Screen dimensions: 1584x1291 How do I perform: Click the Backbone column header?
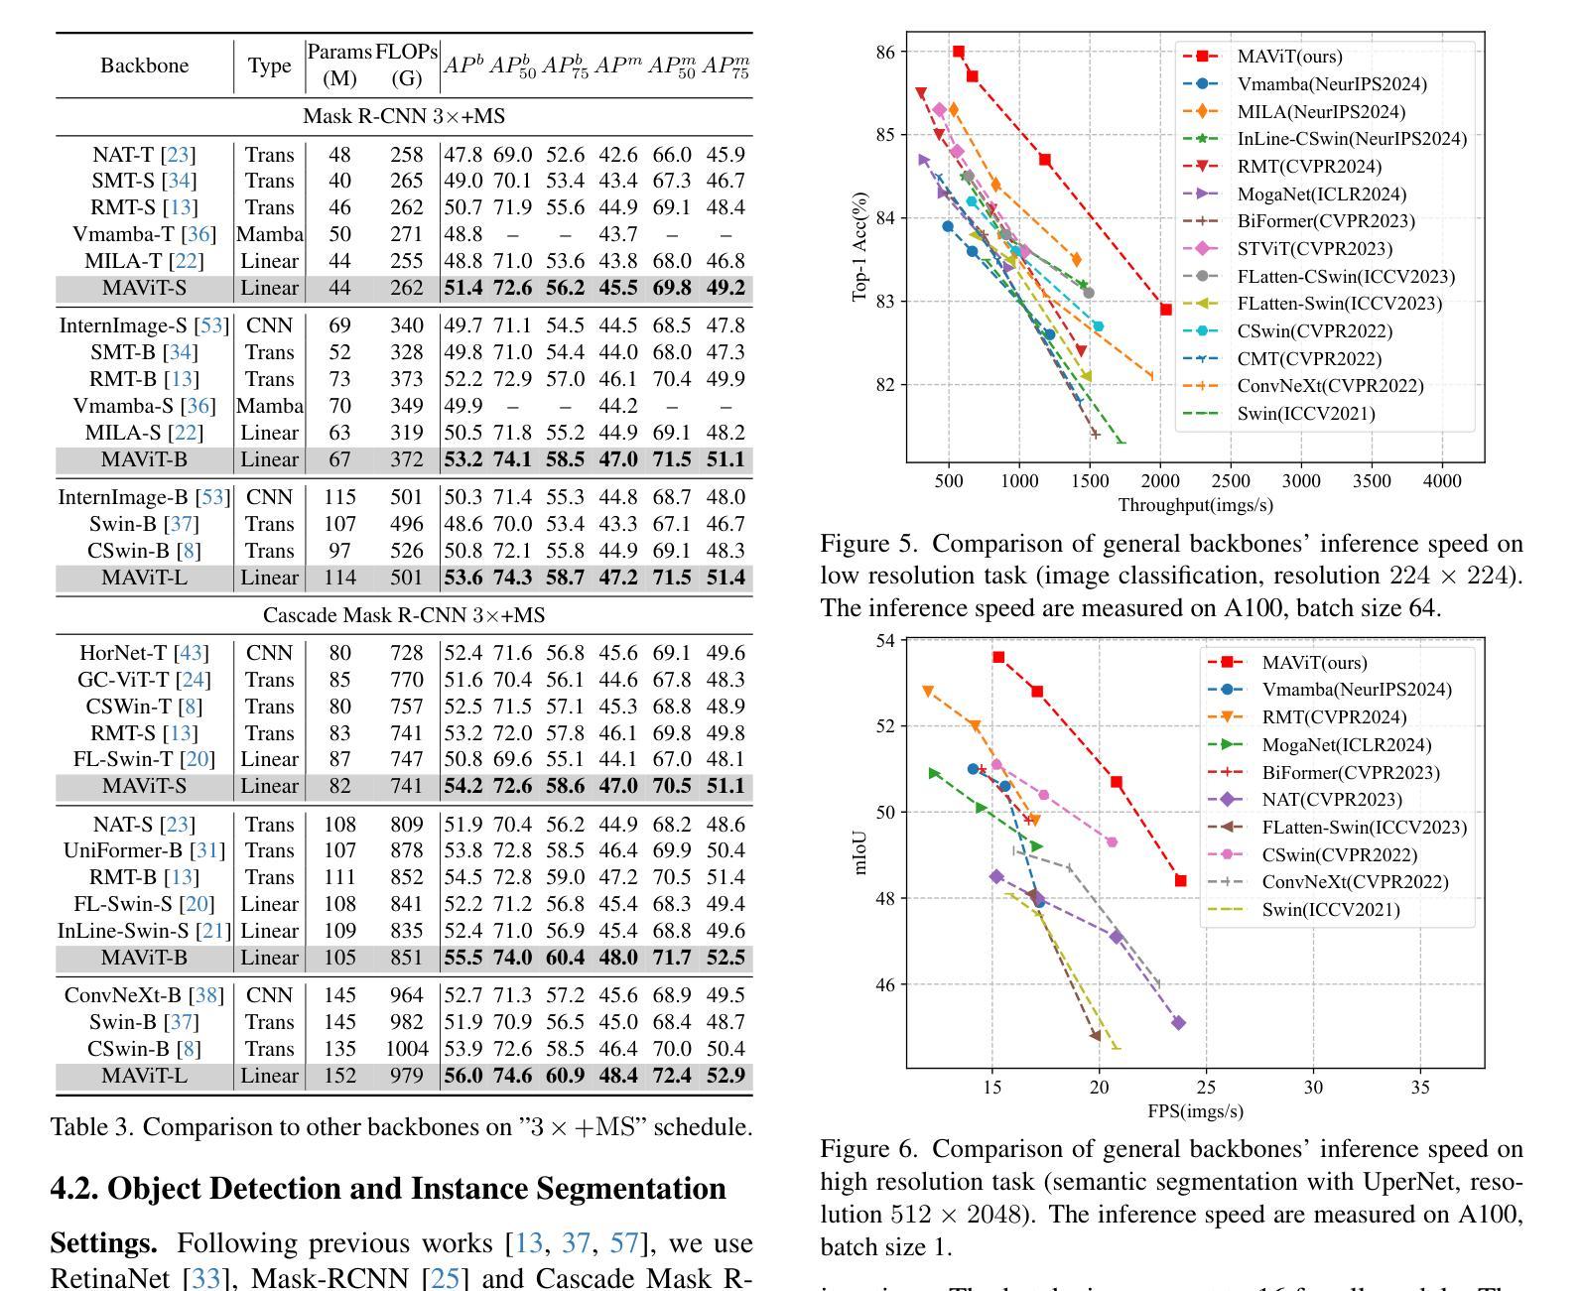click(144, 65)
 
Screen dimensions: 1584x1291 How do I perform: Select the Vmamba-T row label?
click(144, 234)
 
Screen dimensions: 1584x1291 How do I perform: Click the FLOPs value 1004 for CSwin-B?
click(407, 1049)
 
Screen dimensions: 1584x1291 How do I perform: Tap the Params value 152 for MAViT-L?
click(339, 1076)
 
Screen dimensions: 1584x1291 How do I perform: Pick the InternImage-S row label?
click(144, 325)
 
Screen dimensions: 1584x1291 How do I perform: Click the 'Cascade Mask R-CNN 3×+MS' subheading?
click(404, 615)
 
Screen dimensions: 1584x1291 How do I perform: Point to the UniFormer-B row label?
click(144, 850)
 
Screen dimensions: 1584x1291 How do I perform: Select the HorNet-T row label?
click(144, 653)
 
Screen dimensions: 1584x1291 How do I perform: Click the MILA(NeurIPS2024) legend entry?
click(1294, 111)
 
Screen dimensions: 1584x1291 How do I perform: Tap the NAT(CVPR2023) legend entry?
click(1305, 800)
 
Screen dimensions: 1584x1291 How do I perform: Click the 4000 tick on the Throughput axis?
click(1442, 481)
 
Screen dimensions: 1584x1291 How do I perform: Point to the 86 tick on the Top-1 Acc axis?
click(885, 52)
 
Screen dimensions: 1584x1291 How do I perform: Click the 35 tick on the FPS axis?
click(1420, 1088)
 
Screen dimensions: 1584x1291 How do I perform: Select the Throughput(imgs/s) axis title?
click(1195, 506)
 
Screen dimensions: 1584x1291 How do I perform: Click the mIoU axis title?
click(859, 853)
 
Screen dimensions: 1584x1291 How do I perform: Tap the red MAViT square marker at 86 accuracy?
click(959, 52)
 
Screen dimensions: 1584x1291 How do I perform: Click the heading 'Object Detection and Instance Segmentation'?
click(417, 1189)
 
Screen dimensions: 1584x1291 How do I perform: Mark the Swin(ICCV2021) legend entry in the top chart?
click(1279, 414)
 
